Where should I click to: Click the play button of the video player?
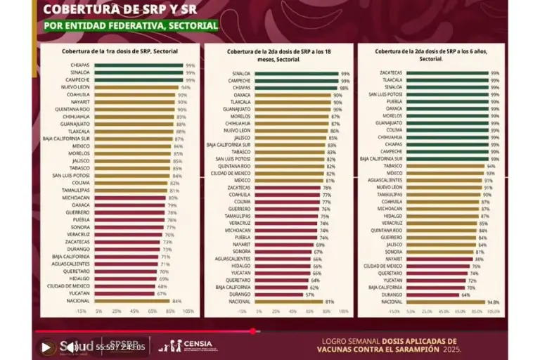tap(46, 347)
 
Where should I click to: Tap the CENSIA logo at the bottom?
tap(184, 345)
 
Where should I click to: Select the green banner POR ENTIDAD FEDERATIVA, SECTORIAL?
tap(131, 26)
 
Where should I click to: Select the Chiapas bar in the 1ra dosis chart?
tap(137, 65)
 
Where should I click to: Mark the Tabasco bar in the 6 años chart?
tap(443, 166)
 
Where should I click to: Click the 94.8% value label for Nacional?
tap(494, 301)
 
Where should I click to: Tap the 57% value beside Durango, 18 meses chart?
tap(309, 294)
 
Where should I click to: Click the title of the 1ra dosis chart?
tap(120, 51)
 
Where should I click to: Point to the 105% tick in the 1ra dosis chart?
tap(188, 311)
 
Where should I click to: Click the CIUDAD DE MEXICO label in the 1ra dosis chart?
tap(68, 286)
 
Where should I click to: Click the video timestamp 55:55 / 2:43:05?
tap(122, 347)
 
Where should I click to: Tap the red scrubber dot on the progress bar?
tap(253, 330)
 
